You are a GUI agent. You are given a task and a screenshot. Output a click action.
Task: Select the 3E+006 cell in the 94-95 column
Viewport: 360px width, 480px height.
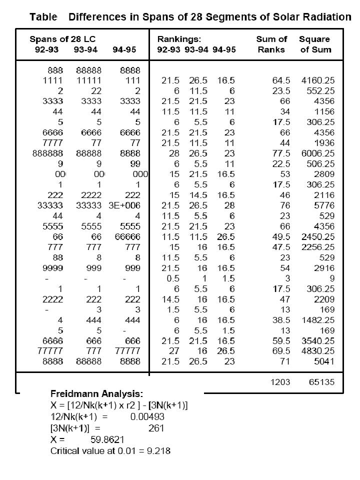click(x=128, y=205)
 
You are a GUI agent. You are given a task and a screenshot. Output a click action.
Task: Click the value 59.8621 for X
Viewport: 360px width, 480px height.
click(x=106, y=439)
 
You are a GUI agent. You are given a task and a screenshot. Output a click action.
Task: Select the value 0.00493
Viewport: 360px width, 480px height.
click(x=147, y=416)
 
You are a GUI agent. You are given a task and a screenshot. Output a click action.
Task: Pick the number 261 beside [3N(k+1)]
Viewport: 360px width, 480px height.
click(x=156, y=428)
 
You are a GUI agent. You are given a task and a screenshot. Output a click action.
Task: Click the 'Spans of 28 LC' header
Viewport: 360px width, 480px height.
click(x=62, y=39)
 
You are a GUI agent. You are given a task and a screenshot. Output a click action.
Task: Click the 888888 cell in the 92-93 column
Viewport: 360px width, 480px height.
click(x=48, y=153)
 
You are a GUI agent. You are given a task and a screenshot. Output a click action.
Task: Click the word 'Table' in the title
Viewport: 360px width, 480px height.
click(x=43, y=17)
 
